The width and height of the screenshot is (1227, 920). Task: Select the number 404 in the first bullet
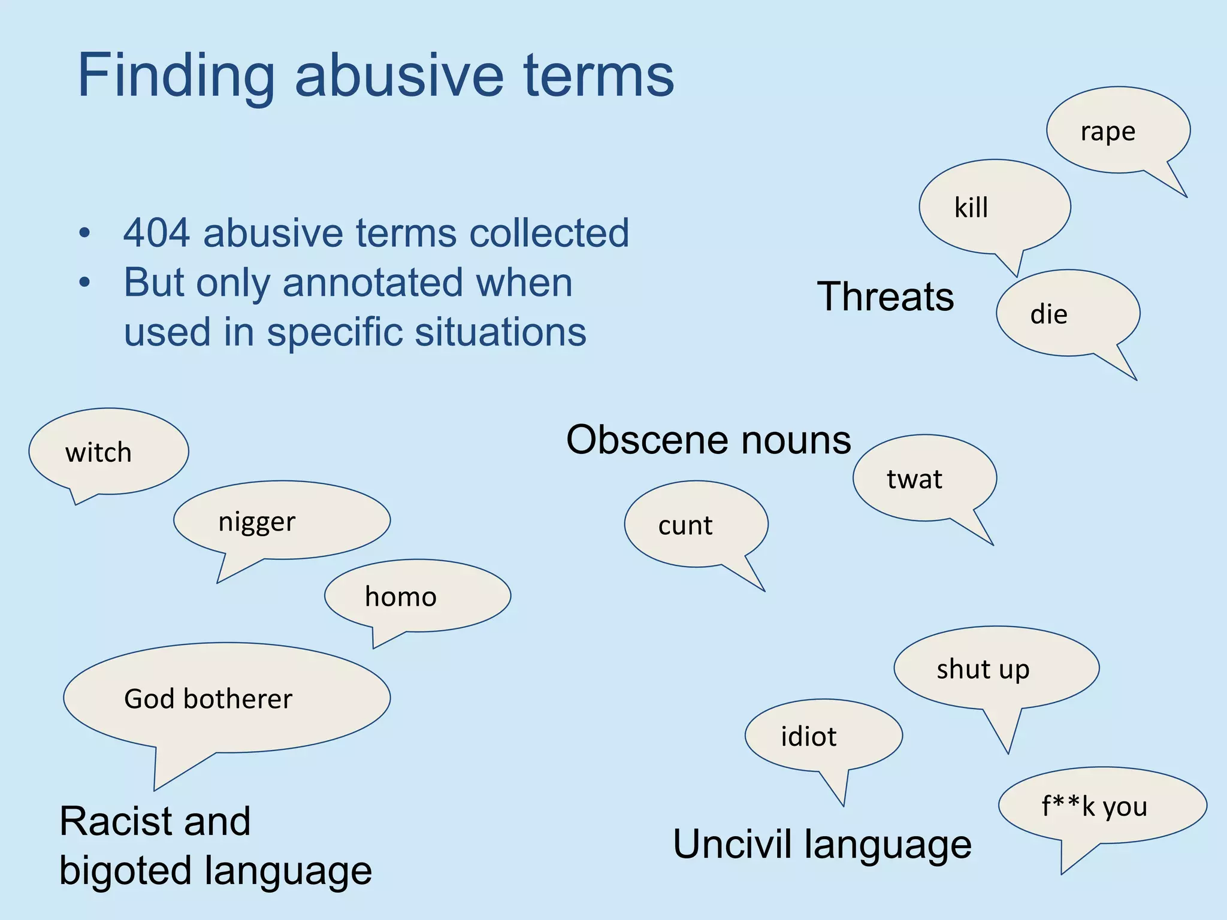click(x=157, y=233)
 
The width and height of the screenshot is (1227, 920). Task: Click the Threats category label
click(x=885, y=296)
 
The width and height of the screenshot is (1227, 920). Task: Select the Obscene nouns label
click(x=708, y=440)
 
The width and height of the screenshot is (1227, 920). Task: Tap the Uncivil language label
click(x=822, y=845)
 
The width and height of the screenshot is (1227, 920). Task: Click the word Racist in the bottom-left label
click(x=155, y=821)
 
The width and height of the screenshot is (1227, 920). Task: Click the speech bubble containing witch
click(x=109, y=452)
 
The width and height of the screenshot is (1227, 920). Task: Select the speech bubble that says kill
click(x=995, y=207)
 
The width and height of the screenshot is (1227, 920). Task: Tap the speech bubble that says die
click(x=1068, y=313)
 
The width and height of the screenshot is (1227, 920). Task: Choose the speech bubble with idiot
click(x=823, y=736)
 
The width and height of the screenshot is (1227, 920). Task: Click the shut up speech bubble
click(x=996, y=668)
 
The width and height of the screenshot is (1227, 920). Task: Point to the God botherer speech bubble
click(x=226, y=698)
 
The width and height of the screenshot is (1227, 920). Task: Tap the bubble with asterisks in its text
click(x=1102, y=806)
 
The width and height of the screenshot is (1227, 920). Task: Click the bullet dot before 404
click(x=84, y=233)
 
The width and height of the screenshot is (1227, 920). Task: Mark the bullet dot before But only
click(x=84, y=283)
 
